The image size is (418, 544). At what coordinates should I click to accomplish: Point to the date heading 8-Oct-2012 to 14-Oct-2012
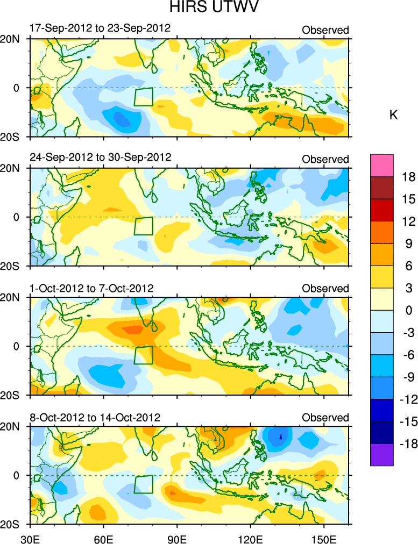95,418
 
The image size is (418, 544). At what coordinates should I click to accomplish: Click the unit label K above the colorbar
393,115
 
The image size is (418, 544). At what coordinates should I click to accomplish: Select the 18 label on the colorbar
408,177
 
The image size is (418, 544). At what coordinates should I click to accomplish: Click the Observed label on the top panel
325,30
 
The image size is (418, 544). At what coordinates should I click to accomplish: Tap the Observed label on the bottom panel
325,418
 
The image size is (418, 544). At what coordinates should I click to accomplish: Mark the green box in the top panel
143,96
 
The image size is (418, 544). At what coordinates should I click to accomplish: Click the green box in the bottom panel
143,484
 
